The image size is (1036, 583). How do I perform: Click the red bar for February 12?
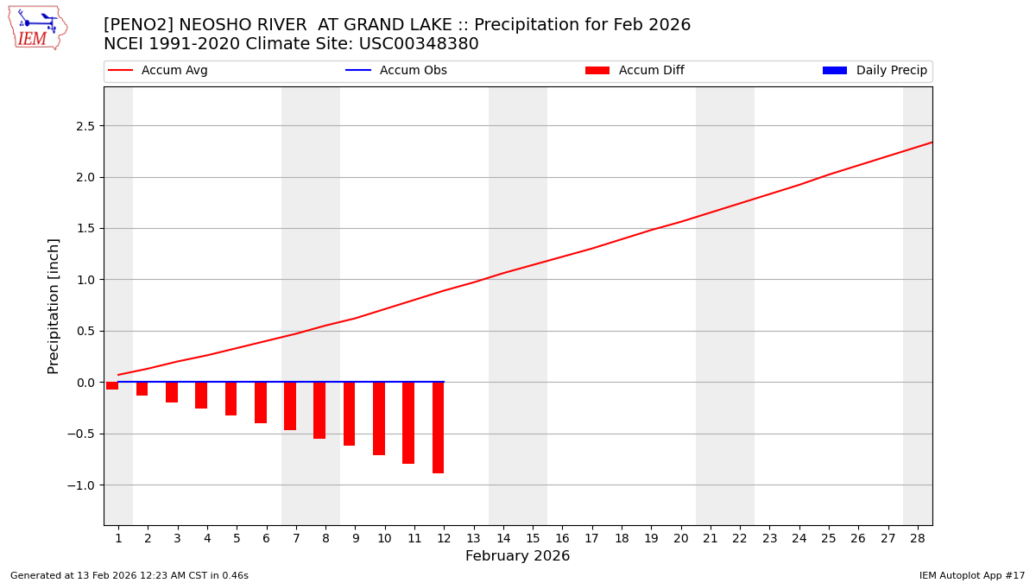438,428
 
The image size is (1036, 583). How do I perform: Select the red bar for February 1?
112,386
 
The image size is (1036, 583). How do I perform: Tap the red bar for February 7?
290,406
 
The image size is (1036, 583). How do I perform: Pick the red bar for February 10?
379,418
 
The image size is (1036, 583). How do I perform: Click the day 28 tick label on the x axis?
918,538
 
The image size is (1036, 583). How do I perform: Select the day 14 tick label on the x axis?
503,538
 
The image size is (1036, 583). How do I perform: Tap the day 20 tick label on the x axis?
681,538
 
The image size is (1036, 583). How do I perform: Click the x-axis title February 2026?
517,556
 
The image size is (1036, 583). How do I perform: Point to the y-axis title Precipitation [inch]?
54,306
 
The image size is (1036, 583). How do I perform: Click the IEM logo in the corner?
37,27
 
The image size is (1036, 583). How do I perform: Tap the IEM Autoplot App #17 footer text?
971,575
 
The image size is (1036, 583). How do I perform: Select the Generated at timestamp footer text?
129,575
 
